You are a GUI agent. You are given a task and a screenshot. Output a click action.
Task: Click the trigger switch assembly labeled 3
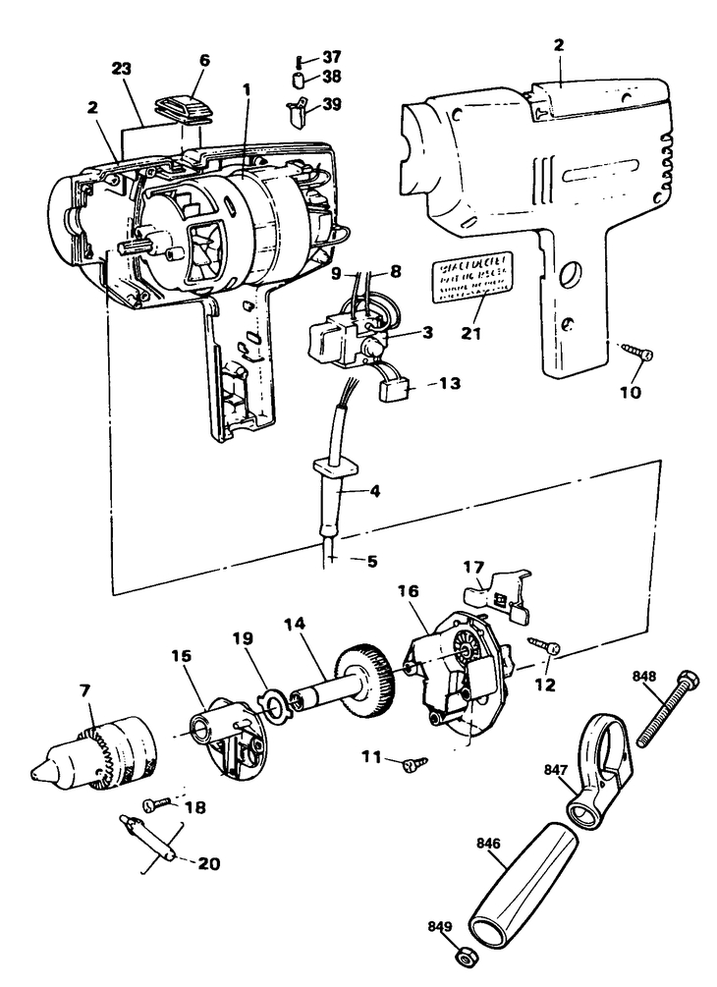click(344, 339)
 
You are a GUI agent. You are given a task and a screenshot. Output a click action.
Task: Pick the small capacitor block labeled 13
click(395, 390)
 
